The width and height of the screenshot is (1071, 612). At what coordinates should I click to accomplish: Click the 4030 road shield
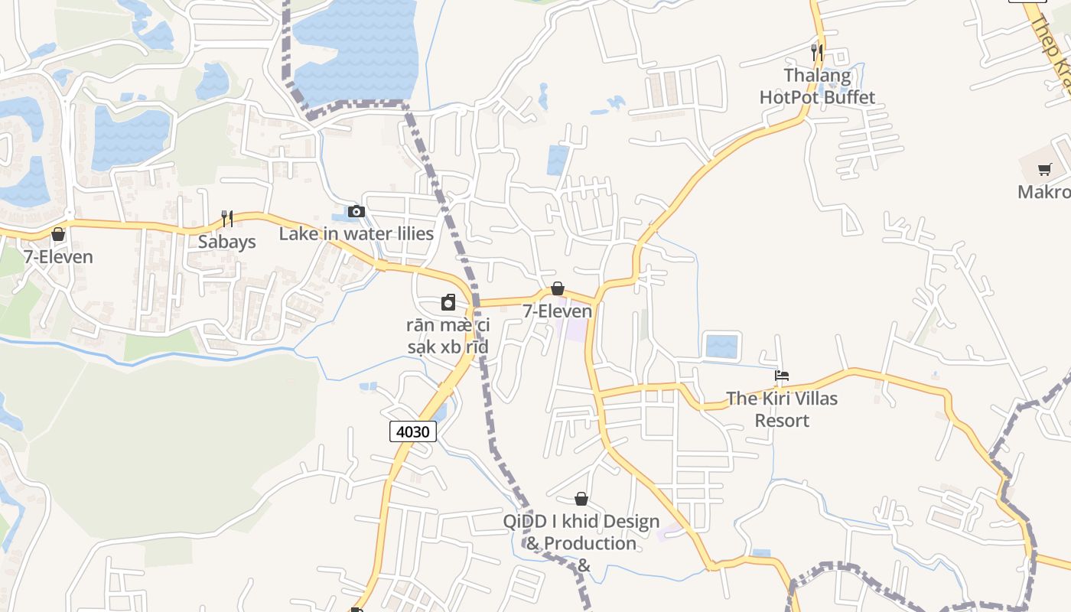(413, 431)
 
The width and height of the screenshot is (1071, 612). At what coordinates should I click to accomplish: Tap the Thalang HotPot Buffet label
(817, 86)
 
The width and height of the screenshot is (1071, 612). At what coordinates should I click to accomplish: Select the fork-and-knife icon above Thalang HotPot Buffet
(817, 52)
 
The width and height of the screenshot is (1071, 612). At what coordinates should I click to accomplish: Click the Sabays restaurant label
(226, 242)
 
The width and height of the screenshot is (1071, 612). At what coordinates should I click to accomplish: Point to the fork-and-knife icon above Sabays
(227, 219)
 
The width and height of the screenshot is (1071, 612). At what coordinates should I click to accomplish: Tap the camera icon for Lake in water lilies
(356, 211)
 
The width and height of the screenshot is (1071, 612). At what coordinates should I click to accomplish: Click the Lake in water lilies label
(356, 234)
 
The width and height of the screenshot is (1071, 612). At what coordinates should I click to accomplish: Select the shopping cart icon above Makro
(1045, 169)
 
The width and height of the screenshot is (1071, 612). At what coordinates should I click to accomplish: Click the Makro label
(1043, 192)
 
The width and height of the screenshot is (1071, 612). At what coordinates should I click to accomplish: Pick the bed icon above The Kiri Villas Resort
(782, 376)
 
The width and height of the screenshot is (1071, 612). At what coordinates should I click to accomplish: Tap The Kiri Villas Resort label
(782, 409)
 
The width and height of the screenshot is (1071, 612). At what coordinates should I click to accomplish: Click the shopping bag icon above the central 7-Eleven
(558, 288)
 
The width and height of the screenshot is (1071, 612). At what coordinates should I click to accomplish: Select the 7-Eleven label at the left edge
(58, 257)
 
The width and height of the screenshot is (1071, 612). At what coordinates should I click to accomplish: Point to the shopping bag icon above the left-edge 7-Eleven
(58, 234)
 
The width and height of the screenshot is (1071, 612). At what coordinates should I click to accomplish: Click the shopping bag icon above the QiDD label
(581, 499)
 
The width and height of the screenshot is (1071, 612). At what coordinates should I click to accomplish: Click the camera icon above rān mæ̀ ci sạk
(448, 303)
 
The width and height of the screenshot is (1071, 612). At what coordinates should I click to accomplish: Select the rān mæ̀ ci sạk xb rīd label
(448, 337)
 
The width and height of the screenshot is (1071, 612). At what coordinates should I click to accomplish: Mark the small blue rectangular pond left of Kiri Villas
(721, 346)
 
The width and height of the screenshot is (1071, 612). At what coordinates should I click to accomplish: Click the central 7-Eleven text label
(558, 311)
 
